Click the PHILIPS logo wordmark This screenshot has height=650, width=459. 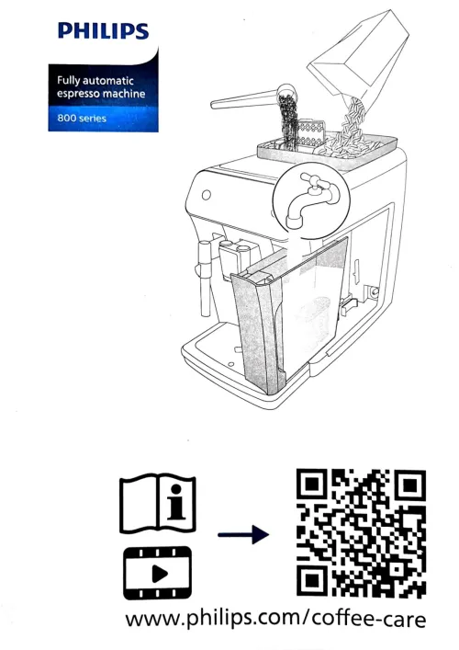coord(104,31)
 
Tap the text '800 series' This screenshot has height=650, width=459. coord(82,119)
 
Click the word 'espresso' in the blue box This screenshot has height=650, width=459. coord(78,94)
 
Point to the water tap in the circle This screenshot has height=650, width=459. coord(312,199)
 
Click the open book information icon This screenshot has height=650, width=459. coord(158,503)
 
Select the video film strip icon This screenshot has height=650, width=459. coord(158,574)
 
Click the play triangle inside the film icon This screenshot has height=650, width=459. coord(160,574)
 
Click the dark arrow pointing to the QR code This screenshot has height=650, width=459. coord(243,534)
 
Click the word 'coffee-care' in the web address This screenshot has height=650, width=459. coord(369,619)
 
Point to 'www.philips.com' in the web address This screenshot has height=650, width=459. coord(213,618)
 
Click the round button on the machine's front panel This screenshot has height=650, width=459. coord(207,194)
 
